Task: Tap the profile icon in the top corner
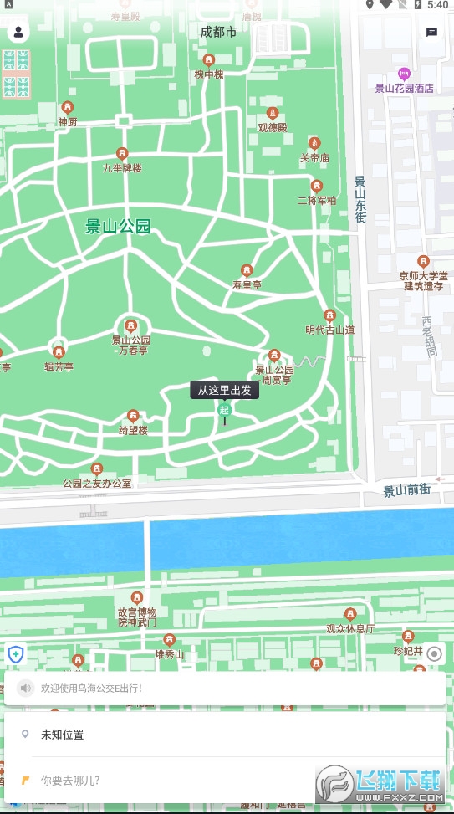pyautogui.click(x=18, y=33)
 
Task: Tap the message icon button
pyautogui.click(x=431, y=33)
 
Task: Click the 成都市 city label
pyautogui.click(x=218, y=32)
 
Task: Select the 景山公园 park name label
pyautogui.click(x=118, y=226)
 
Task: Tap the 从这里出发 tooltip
pyautogui.click(x=224, y=389)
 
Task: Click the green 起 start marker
pyautogui.click(x=224, y=409)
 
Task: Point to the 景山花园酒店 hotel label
pyautogui.click(x=404, y=88)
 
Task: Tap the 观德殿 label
pyautogui.click(x=272, y=127)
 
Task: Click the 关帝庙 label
pyautogui.click(x=314, y=157)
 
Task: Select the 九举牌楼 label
pyautogui.click(x=122, y=167)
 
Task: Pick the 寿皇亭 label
pyautogui.click(x=247, y=284)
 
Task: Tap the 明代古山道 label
pyautogui.click(x=329, y=330)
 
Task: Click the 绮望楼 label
pyautogui.click(x=133, y=430)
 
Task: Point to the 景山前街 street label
pyautogui.click(x=406, y=491)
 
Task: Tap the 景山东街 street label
pyautogui.click(x=360, y=199)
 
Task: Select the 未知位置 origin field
pyautogui.click(x=63, y=735)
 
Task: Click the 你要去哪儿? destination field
pyautogui.click(x=70, y=780)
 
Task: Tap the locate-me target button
pyautogui.click(x=434, y=654)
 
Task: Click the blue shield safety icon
pyautogui.click(x=15, y=654)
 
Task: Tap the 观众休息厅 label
pyautogui.click(x=350, y=628)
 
